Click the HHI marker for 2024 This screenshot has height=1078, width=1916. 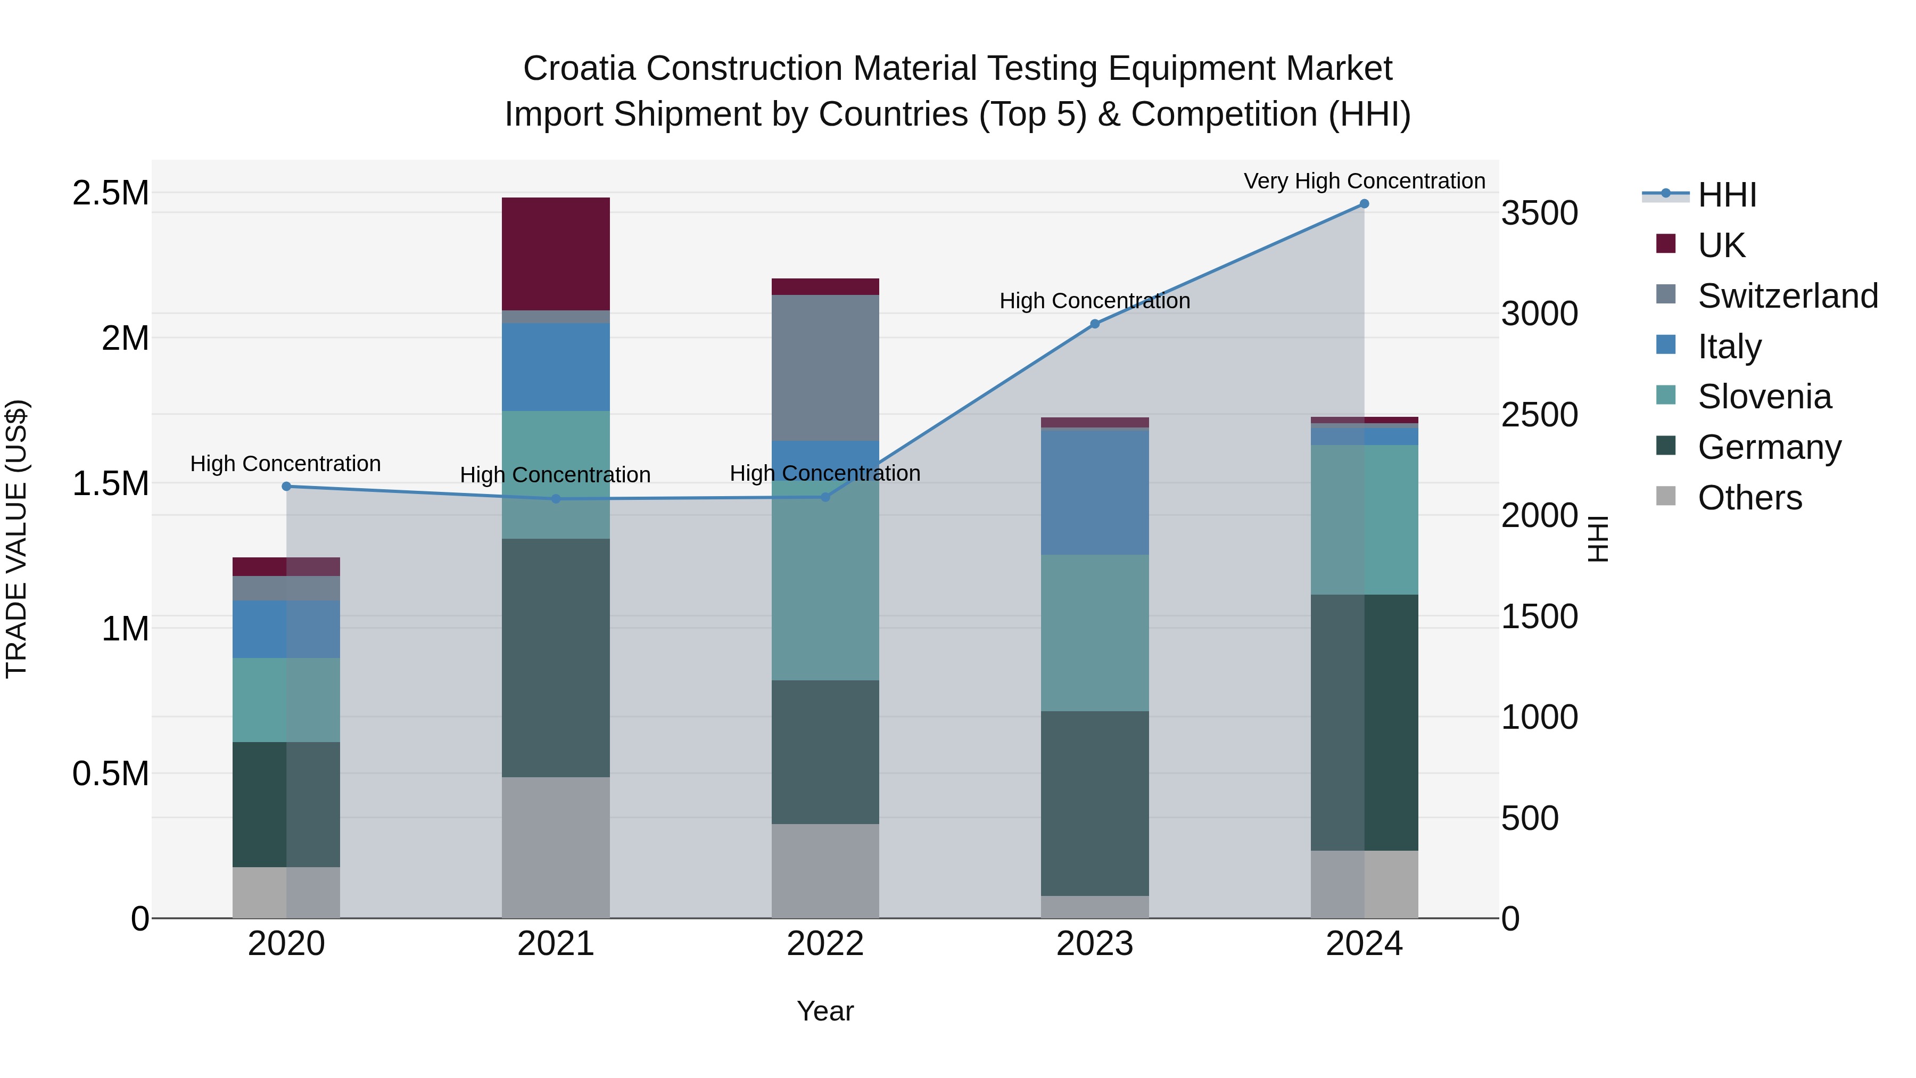[1364, 204]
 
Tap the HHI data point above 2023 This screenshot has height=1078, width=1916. [1094, 324]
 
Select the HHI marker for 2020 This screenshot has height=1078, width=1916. [286, 487]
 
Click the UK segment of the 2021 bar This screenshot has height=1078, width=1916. [556, 254]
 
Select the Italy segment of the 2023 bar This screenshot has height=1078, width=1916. [1094, 492]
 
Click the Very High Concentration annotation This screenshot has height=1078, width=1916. [1364, 181]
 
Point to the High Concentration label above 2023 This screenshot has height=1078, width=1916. [1094, 301]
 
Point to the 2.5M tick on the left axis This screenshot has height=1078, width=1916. [111, 193]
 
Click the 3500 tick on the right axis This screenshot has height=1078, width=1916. [1539, 213]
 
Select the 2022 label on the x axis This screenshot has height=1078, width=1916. [825, 944]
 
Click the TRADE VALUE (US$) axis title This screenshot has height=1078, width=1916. [16, 539]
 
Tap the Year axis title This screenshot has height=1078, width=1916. [825, 1011]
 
